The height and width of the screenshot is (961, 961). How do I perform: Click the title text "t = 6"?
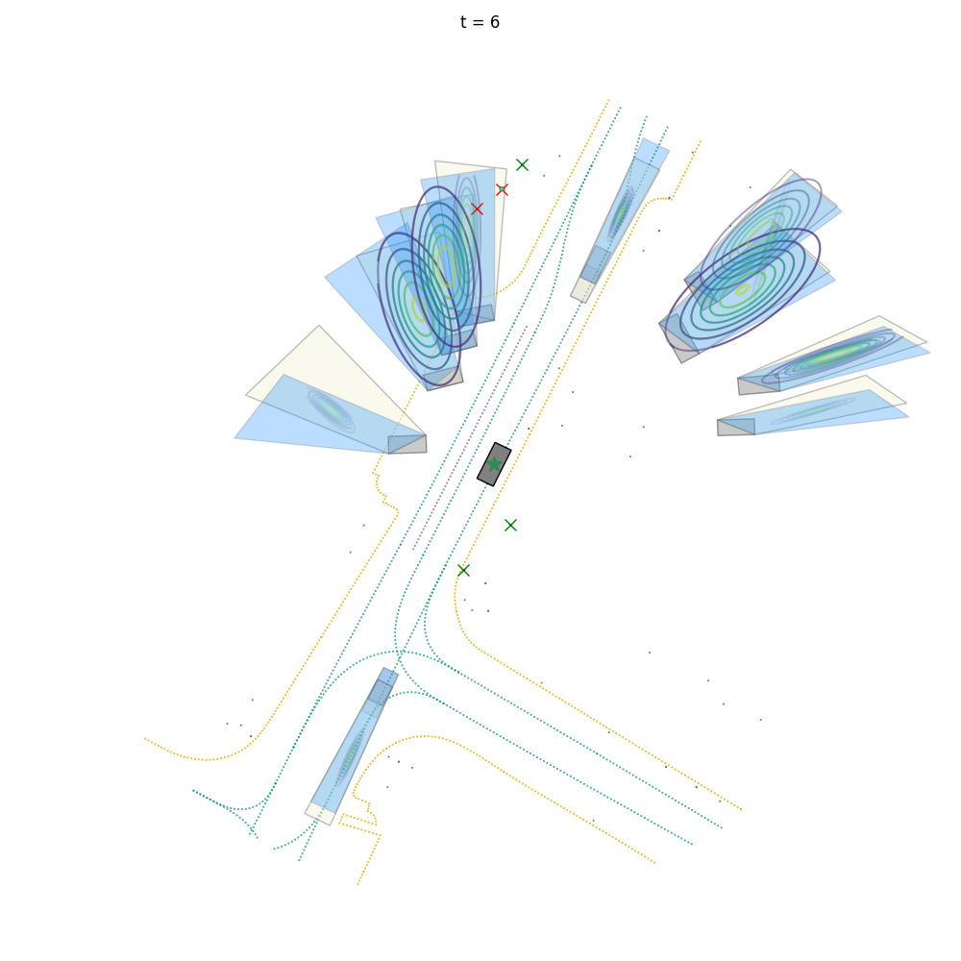pyautogui.click(x=480, y=23)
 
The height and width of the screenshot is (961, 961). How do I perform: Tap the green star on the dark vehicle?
pyautogui.click(x=494, y=464)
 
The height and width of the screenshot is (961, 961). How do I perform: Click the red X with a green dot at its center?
pyautogui.click(x=502, y=189)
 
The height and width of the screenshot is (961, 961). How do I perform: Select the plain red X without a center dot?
pyautogui.click(x=478, y=209)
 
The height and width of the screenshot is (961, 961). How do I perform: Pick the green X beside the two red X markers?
pyautogui.click(x=522, y=165)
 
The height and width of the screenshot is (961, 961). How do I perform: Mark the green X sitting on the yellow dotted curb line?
pyautogui.click(x=464, y=571)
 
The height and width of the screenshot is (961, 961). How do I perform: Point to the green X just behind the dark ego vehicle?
pyautogui.click(x=510, y=526)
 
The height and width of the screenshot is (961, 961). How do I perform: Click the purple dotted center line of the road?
pyautogui.click(x=470, y=437)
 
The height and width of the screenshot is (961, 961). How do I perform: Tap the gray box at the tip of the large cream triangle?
pyautogui.click(x=407, y=444)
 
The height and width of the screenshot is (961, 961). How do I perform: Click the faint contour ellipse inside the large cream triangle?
pyautogui.click(x=331, y=408)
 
